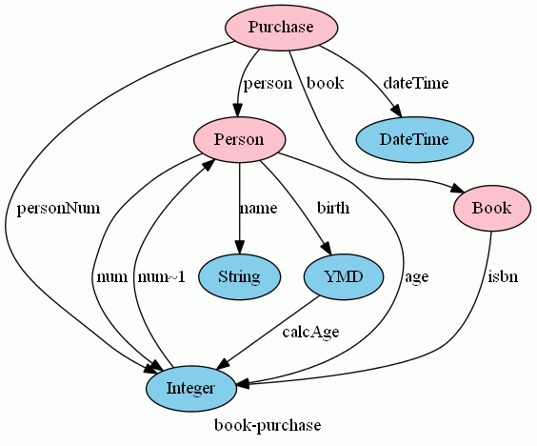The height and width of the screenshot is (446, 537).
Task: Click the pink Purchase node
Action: coord(282,28)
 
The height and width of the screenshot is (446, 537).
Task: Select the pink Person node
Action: coord(239,139)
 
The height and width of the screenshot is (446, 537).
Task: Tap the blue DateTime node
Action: coord(414,139)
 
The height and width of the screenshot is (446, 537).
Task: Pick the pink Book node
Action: coord(492,208)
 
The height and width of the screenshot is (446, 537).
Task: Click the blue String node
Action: coord(239,276)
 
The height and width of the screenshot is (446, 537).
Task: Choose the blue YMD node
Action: coord(344,276)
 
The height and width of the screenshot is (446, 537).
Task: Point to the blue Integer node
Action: coord(191,389)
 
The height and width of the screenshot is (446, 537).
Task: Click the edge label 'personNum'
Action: coord(59,209)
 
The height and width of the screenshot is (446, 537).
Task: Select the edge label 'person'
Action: coord(268,83)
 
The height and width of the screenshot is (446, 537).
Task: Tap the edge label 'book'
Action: coord(325,83)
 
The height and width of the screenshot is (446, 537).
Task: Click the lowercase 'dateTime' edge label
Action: coord(416,83)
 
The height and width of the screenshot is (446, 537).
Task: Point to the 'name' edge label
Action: coord(258,209)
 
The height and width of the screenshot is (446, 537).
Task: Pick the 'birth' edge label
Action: coord(333,208)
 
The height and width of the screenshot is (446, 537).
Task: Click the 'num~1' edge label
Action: coord(162,277)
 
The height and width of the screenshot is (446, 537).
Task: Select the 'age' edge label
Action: coord(417,277)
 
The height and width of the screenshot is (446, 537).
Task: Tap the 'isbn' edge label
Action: coord(503,276)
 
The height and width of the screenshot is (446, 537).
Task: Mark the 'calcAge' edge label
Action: coord(311,333)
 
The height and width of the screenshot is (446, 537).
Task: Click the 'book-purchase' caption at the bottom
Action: coord(268,425)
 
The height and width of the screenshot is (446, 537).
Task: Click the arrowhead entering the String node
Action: coord(239,248)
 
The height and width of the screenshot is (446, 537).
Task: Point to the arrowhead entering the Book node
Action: coord(457,189)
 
